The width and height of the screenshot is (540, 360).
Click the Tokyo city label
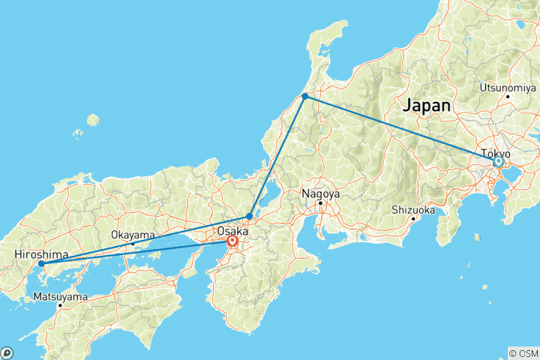496,153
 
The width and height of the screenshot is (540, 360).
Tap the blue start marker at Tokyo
498,161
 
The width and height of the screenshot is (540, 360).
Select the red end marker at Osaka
232,241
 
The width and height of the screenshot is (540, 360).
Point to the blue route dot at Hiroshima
41,263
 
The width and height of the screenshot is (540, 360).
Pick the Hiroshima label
41,255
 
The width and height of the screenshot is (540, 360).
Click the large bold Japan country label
427,106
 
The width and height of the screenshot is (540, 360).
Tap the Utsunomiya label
508,87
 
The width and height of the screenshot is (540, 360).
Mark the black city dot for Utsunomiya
508,96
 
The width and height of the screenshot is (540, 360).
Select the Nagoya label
321,193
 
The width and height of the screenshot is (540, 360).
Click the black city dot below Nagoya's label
320,202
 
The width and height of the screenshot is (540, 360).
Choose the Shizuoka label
413,210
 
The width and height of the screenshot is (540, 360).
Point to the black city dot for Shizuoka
413,218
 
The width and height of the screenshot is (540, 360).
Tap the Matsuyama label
61,297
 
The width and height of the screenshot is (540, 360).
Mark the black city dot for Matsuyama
60,305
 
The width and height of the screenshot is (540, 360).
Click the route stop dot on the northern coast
305,96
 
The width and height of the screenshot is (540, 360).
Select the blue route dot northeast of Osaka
250,216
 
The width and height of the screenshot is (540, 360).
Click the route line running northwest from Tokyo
401,128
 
